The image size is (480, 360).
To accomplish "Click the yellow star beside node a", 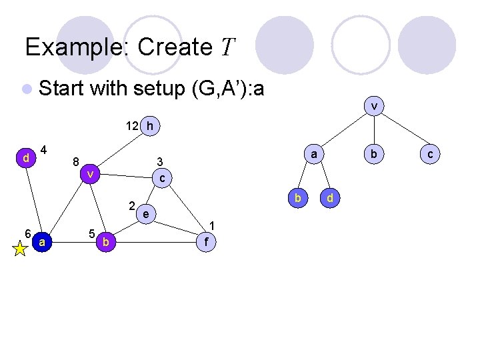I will (20, 248).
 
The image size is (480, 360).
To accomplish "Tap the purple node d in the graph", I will (25, 158).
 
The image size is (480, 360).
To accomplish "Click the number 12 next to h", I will (133, 125).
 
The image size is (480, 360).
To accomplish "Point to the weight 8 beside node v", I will (76, 161).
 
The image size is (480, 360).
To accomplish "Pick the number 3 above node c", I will (159, 162).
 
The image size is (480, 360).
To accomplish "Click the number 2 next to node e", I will (132, 205).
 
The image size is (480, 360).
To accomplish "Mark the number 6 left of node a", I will (27, 233).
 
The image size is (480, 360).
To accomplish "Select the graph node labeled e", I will (145, 213).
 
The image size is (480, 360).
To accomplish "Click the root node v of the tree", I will (375, 105).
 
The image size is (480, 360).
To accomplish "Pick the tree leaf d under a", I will (329, 198).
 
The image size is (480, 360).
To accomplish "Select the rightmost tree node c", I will (431, 154).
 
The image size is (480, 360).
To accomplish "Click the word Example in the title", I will (79, 47).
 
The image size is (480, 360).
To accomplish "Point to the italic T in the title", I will (227, 47).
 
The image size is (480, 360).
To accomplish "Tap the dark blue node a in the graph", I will (42, 243).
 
